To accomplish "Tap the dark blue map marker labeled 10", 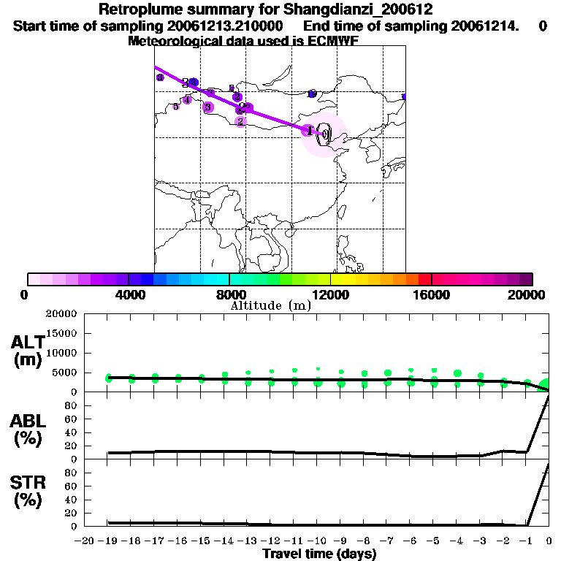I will (312, 93).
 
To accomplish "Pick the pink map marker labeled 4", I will (187, 100).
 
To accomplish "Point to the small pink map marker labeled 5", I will (175, 107).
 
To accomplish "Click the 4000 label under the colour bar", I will (128, 294).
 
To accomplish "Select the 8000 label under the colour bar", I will (229, 294).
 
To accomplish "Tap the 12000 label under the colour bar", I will (330, 294).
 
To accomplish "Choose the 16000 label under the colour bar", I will (432, 294).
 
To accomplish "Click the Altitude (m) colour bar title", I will (270, 305).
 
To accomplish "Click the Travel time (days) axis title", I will (319, 554).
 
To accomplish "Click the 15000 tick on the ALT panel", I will (61, 333).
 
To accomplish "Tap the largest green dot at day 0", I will (546, 385).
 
